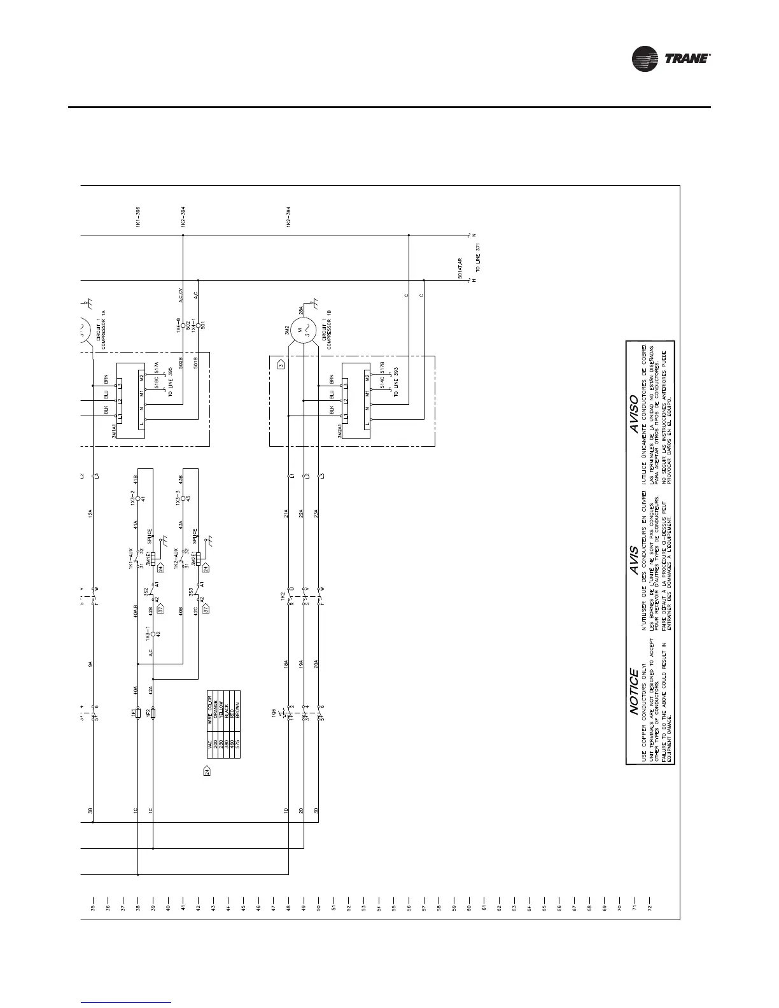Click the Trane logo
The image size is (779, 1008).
671,58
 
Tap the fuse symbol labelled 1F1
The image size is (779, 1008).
137,713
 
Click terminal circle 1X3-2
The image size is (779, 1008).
137,499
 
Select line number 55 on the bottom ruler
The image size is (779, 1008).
394,908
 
